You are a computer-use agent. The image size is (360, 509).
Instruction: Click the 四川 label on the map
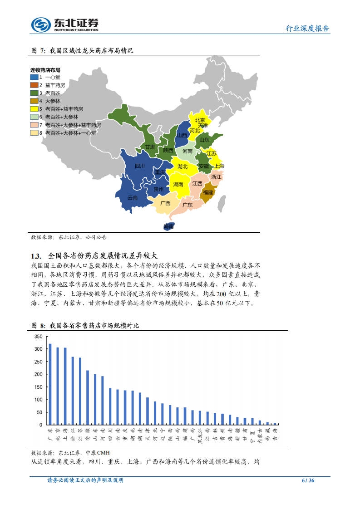click(x=140, y=166)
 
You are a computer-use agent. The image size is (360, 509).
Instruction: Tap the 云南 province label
click(x=132, y=198)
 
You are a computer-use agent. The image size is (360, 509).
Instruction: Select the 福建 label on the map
click(x=208, y=192)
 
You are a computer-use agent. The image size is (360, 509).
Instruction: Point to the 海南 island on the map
click(x=168, y=226)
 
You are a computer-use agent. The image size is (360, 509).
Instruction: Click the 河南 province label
click(x=187, y=151)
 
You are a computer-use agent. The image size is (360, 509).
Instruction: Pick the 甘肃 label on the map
click(x=150, y=147)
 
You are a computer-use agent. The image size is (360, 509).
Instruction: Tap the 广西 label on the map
click(x=165, y=203)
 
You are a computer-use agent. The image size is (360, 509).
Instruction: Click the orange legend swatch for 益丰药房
click(x=34, y=85)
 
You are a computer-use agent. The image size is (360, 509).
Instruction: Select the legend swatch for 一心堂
click(x=34, y=77)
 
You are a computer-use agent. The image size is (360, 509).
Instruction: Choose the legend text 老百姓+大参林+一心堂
click(x=70, y=133)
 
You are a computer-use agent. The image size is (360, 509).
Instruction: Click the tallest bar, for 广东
click(x=50, y=384)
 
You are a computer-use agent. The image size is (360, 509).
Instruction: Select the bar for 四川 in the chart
click(x=110, y=406)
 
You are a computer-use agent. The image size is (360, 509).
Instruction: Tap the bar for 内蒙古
click(x=260, y=422)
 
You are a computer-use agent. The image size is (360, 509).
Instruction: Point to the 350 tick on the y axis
click(x=38, y=337)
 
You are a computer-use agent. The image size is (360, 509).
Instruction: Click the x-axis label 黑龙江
click(x=200, y=435)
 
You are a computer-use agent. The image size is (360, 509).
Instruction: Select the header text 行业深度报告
click(x=307, y=28)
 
